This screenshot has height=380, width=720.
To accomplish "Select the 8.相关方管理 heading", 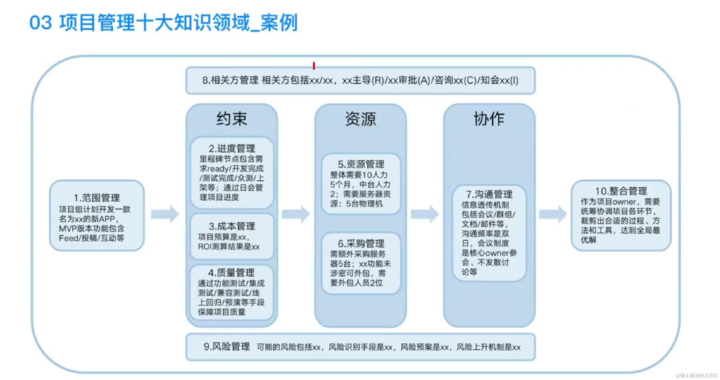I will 230,81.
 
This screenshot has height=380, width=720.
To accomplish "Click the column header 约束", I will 232,118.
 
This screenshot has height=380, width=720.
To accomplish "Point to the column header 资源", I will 361,118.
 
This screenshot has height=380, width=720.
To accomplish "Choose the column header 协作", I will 489,118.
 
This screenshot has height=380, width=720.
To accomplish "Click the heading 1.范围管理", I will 97,198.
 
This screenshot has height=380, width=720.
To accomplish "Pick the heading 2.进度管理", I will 232,148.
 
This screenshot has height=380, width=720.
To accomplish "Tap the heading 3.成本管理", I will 232,226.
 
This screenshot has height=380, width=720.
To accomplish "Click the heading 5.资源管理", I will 361,164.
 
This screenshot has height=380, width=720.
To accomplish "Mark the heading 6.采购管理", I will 361,243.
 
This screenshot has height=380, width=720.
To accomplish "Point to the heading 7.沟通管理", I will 489,194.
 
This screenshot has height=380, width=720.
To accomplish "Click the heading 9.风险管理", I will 227,347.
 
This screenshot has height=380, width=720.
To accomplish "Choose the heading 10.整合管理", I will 621,191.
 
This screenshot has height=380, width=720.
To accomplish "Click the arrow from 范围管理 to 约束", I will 165,214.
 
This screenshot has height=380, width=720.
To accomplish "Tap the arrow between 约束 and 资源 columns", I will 296,214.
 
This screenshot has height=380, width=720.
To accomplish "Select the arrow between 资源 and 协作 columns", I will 424,214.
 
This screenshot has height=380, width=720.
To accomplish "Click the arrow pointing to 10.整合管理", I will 553,214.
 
